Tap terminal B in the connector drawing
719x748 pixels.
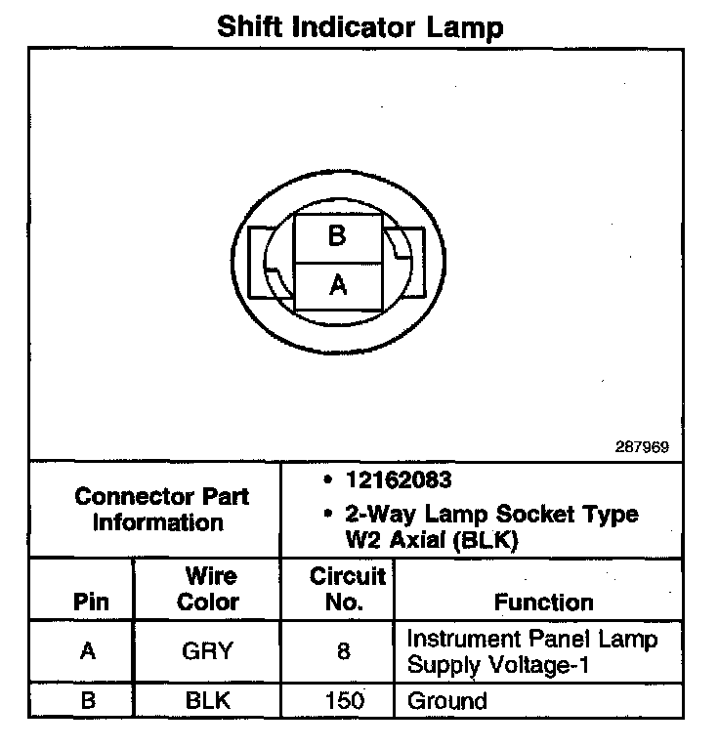[337, 235]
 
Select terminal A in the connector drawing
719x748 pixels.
[338, 285]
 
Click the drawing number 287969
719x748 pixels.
[641, 447]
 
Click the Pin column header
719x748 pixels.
[91, 602]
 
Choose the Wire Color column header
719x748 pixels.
[207, 589]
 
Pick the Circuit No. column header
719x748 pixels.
[347, 589]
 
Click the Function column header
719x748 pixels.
[543, 602]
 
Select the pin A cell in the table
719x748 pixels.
[89, 651]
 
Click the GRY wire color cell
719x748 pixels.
[207, 651]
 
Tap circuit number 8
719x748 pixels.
[343, 651]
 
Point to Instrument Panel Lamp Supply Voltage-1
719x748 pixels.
[531, 652]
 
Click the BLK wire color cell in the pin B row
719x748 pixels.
[207, 700]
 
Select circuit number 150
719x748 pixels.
[343, 700]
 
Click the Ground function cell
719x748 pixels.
[446, 700]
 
